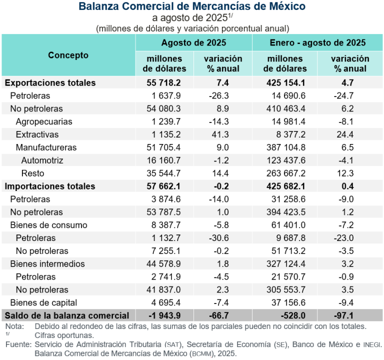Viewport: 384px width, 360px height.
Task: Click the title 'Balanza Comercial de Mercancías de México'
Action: pos(192,7)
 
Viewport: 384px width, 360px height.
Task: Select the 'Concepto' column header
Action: pos(68,55)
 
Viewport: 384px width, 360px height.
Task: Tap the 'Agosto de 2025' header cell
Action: pos(193,42)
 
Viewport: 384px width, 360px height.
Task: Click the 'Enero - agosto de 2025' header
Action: pos(317,42)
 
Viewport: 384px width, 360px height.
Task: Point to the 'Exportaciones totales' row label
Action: pos(50,82)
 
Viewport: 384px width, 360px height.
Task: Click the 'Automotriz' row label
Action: pos(42,160)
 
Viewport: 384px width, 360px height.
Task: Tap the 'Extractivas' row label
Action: pos(37,134)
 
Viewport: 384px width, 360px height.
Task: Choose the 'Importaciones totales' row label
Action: pos(50,186)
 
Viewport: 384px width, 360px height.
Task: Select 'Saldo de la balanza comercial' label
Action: pos(67,316)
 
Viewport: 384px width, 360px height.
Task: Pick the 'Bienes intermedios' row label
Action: pos(47,263)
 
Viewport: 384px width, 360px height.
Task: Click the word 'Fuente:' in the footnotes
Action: pos(17,344)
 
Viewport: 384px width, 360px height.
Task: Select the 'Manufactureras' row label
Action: pos(46,147)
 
